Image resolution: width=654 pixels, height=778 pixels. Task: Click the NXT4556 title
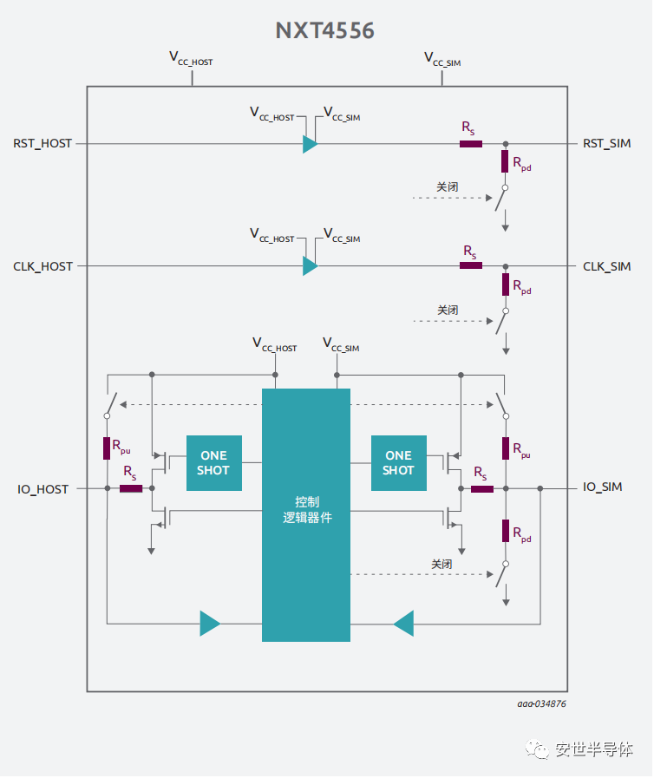click(325, 30)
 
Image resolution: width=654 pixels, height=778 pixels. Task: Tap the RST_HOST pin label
click(43, 143)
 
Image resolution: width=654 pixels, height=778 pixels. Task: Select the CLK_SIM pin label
click(607, 266)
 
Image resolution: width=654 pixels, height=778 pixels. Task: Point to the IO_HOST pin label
click(43, 489)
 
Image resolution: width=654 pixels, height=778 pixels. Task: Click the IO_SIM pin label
click(603, 487)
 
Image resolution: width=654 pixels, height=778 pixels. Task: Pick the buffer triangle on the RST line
click(310, 144)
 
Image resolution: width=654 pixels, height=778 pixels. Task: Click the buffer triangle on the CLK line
click(310, 266)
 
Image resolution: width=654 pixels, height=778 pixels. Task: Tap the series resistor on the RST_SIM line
click(471, 143)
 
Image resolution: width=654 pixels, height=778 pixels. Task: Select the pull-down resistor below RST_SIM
click(505, 161)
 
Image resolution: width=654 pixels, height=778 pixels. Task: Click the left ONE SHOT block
click(213, 463)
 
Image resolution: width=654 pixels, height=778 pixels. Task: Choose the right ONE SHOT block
click(398, 463)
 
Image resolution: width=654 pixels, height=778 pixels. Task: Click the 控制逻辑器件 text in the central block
click(306, 510)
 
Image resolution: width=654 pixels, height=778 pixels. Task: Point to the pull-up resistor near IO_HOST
click(107, 448)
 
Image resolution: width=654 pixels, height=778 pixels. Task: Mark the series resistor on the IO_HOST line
click(131, 488)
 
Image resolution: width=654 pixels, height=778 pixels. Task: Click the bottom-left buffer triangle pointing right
click(210, 623)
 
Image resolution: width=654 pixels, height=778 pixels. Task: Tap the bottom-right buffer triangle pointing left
click(403, 623)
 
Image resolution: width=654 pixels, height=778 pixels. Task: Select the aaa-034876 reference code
click(542, 703)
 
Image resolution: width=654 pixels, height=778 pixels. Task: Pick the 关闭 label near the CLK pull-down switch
click(448, 310)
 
